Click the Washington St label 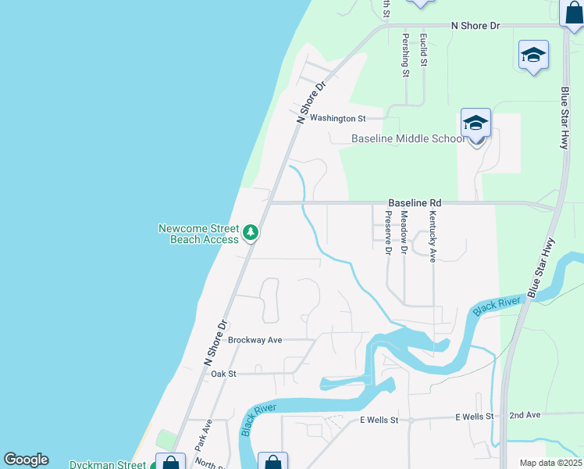[337, 119]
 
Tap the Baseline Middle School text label [407, 139]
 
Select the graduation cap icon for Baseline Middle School [475, 123]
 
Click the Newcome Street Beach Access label [198, 234]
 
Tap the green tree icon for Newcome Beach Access [251, 233]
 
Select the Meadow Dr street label [404, 232]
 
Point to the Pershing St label [405, 55]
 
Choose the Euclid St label [422, 51]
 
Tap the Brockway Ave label [255, 340]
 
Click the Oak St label [223, 374]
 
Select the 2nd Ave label [525, 416]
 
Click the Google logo [26, 460]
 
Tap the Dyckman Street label [107, 464]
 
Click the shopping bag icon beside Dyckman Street [170, 463]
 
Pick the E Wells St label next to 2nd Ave [474, 417]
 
